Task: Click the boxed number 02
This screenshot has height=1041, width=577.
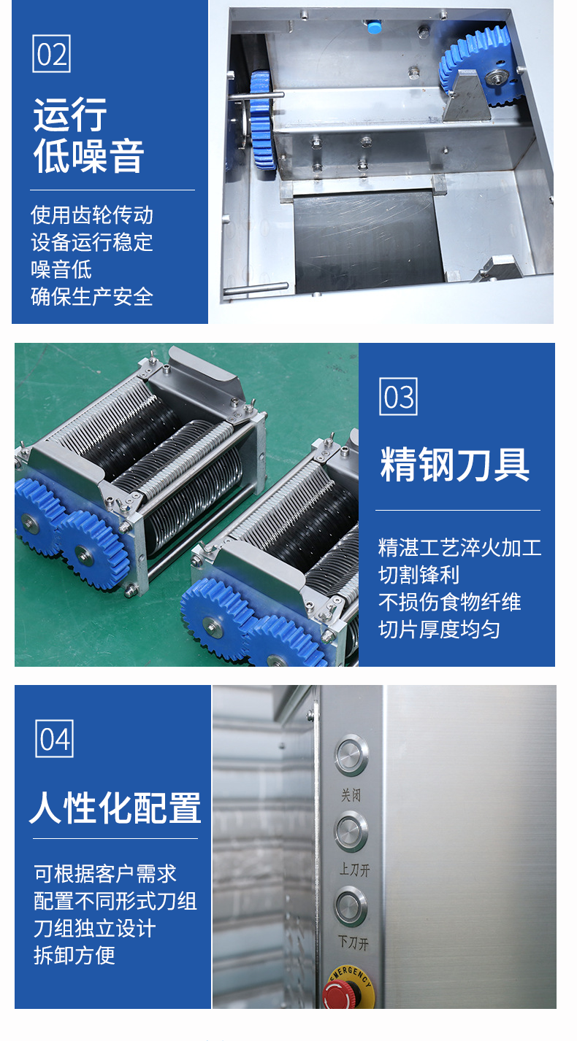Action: (x=51, y=53)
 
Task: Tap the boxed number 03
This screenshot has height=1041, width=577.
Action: (x=398, y=396)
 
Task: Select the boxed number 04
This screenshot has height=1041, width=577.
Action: (x=55, y=738)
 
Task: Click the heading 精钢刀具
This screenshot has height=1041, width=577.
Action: (x=454, y=464)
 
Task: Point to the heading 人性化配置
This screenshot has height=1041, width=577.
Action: (x=115, y=808)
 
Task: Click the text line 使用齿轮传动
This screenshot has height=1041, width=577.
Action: (x=92, y=215)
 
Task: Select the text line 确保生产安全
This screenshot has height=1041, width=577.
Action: (x=92, y=297)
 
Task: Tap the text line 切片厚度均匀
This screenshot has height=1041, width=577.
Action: (x=439, y=630)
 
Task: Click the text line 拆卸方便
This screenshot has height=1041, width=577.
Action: (x=74, y=956)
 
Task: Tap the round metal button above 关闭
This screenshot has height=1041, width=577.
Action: (x=352, y=755)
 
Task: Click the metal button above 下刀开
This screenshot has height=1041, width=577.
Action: (x=351, y=907)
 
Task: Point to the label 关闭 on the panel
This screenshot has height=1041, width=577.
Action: (x=351, y=795)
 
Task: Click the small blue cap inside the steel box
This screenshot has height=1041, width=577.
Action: (x=374, y=26)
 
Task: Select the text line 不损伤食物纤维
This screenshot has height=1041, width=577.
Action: (x=449, y=603)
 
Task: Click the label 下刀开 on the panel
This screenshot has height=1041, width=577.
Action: (x=354, y=943)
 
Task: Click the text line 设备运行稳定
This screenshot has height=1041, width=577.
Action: (x=92, y=242)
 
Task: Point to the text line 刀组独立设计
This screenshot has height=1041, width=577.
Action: (x=95, y=928)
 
